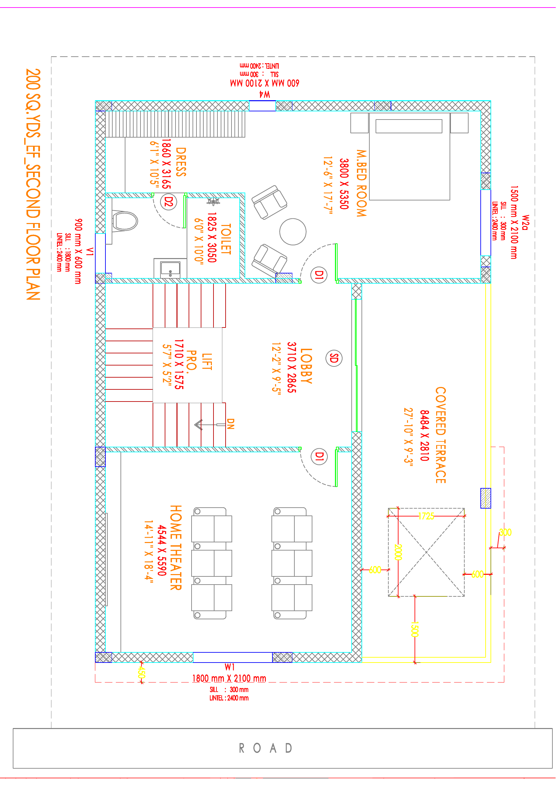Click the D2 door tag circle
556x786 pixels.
click(x=169, y=202)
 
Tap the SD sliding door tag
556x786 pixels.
click(x=334, y=358)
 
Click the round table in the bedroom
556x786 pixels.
click(x=293, y=232)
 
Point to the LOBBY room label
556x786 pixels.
click(x=306, y=366)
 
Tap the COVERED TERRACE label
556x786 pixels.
click(x=441, y=435)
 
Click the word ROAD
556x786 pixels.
click(x=265, y=748)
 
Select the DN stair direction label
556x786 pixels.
click(x=231, y=424)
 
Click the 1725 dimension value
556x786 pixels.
click(x=426, y=516)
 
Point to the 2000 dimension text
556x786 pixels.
click(x=398, y=552)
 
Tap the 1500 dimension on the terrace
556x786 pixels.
click(x=415, y=629)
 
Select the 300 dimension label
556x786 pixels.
click(x=505, y=532)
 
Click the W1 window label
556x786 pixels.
click(x=230, y=667)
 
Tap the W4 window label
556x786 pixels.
click(x=264, y=94)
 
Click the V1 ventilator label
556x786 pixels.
click(x=90, y=252)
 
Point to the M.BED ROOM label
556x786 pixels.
click(x=361, y=183)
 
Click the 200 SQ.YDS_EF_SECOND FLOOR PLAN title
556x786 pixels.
click(x=33, y=184)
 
